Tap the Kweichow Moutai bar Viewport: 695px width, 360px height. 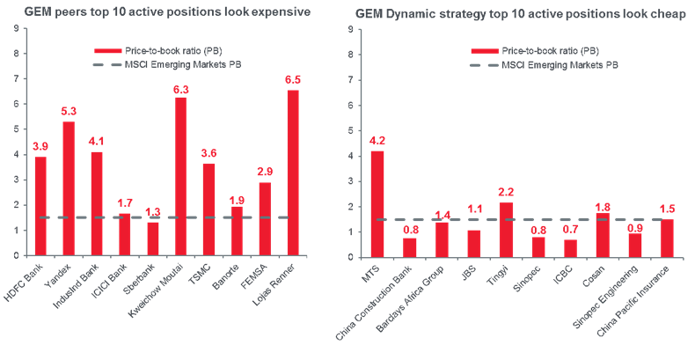click(180, 175)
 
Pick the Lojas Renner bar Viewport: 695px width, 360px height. click(293, 173)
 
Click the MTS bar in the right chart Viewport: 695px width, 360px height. click(377, 202)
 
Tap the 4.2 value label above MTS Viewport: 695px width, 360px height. click(377, 140)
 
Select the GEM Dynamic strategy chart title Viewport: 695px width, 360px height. click(521, 15)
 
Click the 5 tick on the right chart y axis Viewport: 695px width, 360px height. click(352, 129)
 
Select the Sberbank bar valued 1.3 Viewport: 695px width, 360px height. click(152, 238)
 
